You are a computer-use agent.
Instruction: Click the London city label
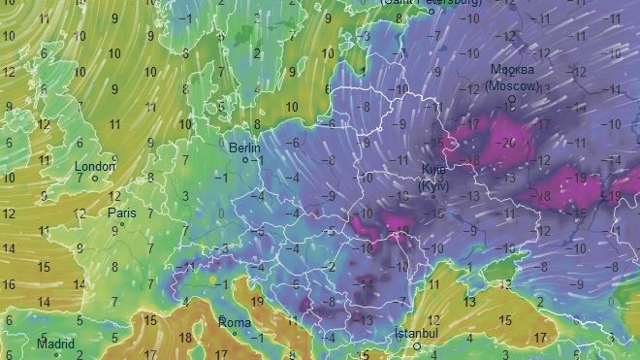(95, 166)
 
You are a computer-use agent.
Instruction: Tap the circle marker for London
(95, 179)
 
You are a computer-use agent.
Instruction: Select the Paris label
(122, 213)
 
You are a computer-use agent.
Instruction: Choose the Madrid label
(55, 344)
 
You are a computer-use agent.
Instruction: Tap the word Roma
(236, 321)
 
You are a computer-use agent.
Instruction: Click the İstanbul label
(417, 333)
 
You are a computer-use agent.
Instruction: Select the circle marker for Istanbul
(417, 345)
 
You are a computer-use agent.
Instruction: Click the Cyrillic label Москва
(513, 70)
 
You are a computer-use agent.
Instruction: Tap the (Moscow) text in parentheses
(513, 84)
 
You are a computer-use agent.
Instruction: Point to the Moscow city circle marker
(511, 97)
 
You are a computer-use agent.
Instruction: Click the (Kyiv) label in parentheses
(433, 185)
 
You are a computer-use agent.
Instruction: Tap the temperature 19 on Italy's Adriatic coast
(256, 302)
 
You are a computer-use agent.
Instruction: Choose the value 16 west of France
(11, 285)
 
